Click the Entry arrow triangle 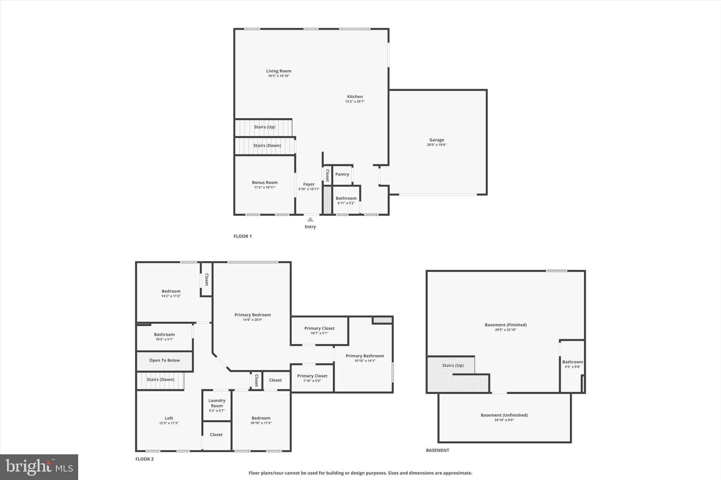[310, 219]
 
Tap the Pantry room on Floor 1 [342, 174]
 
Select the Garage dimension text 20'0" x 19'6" [437, 145]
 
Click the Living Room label [278, 71]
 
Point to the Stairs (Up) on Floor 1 [264, 127]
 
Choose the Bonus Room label [265, 183]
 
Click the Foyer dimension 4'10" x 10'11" [309, 189]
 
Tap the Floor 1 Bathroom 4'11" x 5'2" [346, 200]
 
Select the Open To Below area [164, 360]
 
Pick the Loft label [169, 418]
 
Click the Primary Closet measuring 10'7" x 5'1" [319, 331]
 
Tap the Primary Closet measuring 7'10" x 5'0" [312, 378]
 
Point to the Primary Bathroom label [365, 356]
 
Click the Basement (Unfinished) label [504, 415]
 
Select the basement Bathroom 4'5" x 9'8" [572, 364]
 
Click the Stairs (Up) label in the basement [453, 365]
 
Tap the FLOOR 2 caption [144, 459]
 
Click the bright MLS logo [39, 467]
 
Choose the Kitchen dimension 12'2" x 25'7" [355, 102]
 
